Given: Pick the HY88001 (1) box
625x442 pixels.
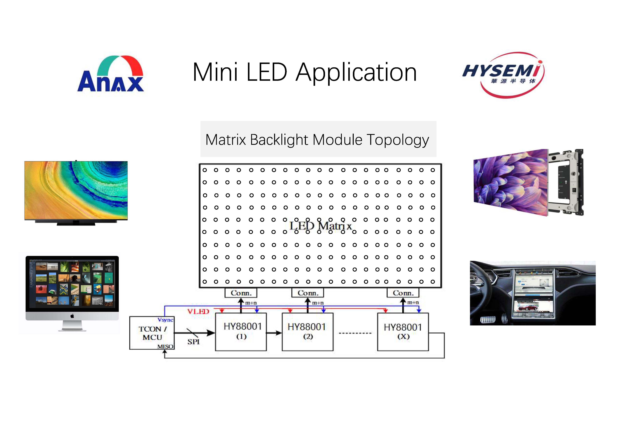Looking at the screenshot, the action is click(x=241, y=332).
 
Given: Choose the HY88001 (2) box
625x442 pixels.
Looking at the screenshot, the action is click(x=308, y=332).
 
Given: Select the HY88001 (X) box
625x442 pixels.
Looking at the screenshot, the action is click(x=403, y=332).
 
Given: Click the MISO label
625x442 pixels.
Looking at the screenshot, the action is click(x=165, y=346).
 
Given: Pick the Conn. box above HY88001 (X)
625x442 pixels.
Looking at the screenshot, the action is click(x=403, y=293).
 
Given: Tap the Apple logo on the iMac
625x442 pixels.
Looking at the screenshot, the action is click(x=72, y=316).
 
